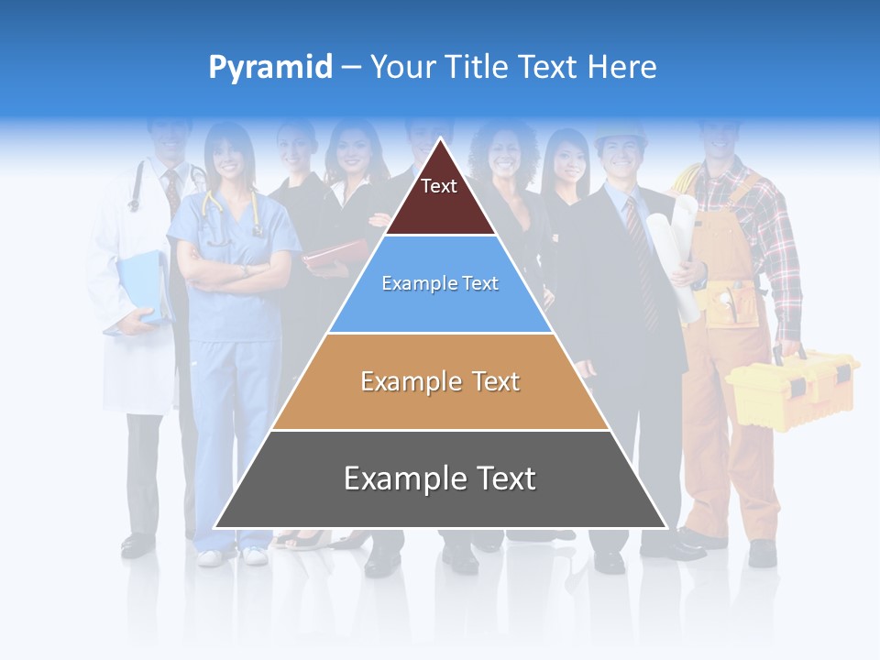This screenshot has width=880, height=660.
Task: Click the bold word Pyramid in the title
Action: coord(269,68)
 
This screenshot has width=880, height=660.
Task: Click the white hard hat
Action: coord(620,136)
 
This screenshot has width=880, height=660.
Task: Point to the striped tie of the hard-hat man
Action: coord(641,261)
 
